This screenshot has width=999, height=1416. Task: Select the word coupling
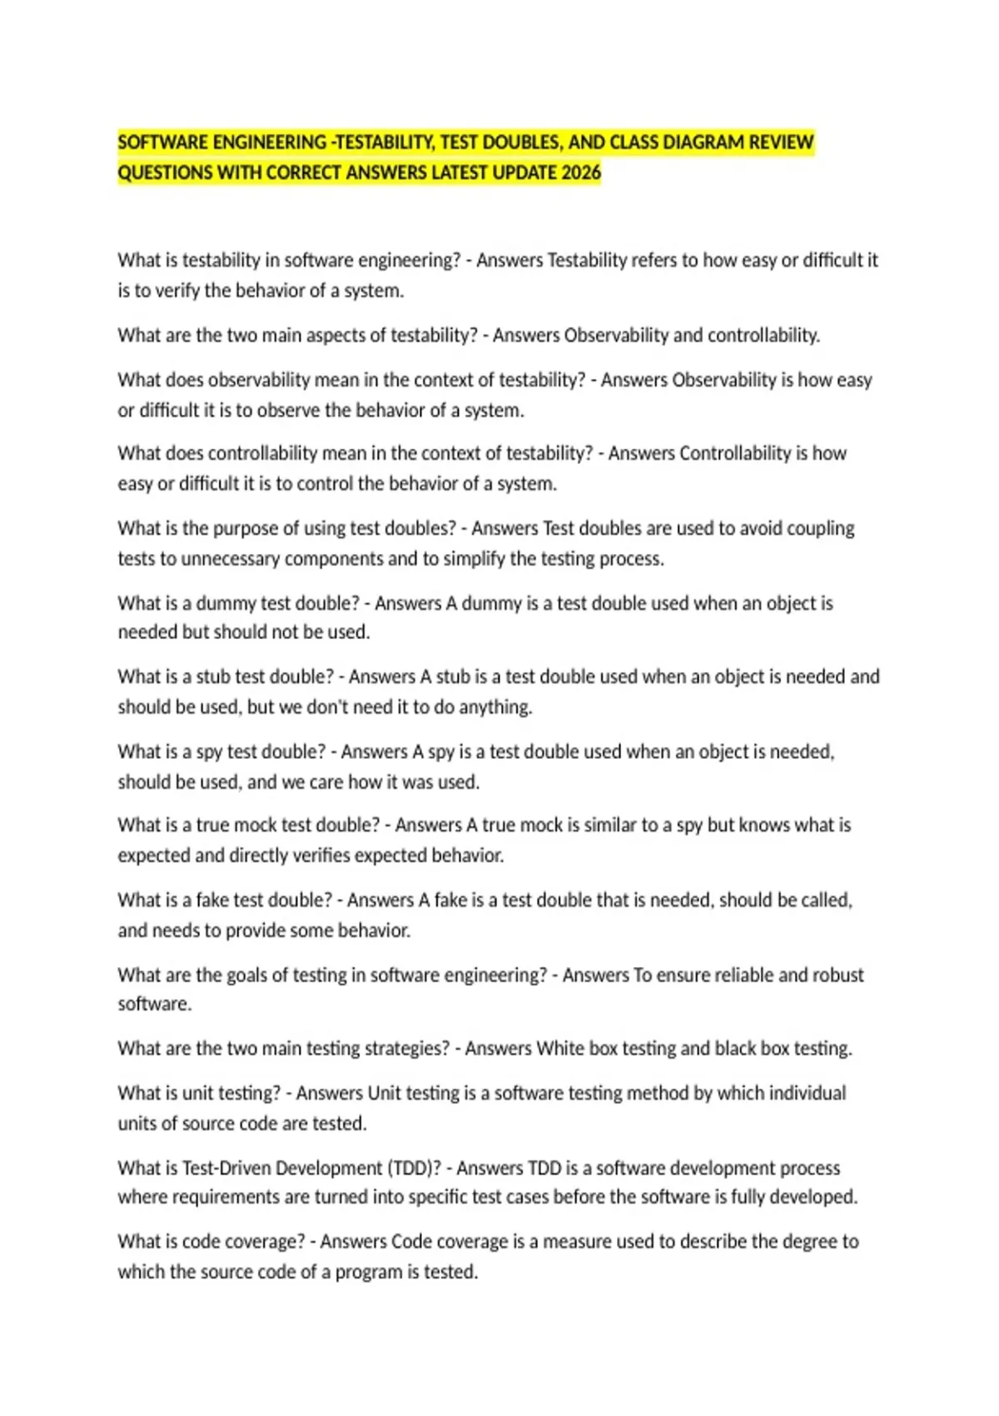click(x=820, y=528)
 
